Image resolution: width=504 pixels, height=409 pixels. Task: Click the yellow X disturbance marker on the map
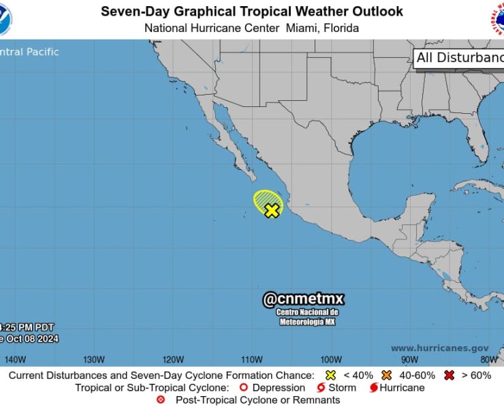click(272, 210)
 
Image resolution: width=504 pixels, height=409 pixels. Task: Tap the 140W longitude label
click(15, 359)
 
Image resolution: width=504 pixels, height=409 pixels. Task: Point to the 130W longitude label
click(94, 359)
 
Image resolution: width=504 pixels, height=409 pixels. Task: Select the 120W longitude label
click(173, 359)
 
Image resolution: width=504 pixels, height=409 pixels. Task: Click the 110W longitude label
click(251, 359)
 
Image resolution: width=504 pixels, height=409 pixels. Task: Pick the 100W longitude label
click(330, 359)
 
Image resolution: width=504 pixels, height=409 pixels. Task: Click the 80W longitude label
click(488, 359)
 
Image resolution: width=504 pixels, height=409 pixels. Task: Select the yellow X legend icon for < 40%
click(330, 376)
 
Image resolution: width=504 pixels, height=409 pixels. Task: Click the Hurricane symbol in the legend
click(373, 388)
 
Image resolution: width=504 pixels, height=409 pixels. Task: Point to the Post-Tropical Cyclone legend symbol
click(161, 400)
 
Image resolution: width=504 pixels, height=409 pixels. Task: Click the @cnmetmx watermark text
click(304, 299)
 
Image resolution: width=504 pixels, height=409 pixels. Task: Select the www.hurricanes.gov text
click(439, 348)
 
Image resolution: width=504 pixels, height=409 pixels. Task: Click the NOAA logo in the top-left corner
click(14, 19)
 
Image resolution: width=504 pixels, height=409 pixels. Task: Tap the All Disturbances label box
click(459, 58)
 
